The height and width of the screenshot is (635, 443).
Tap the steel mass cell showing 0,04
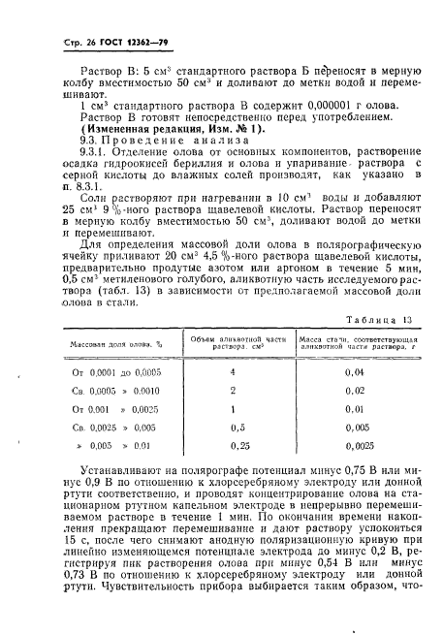(x=355, y=371)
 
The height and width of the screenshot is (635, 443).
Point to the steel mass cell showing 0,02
(x=355, y=390)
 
